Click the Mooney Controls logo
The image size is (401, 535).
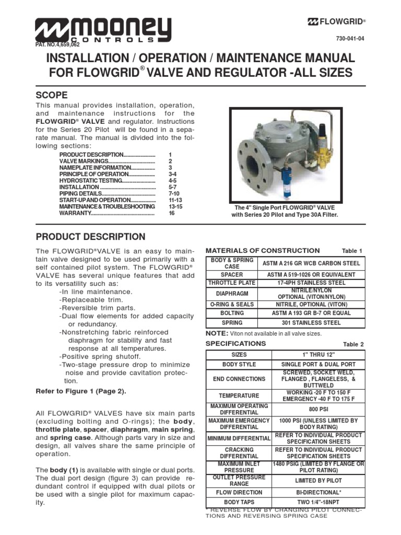pyautogui.click(x=103, y=30)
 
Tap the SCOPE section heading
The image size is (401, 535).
pyautogui.click(x=51, y=95)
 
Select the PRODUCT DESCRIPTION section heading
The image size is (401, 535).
pyautogui.click(x=90, y=237)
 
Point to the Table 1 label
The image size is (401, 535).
pyautogui.click(x=352, y=251)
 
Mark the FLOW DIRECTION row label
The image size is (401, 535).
pyautogui.click(x=239, y=492)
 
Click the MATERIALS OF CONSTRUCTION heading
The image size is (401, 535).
pyautogui.click(x=263, y=251)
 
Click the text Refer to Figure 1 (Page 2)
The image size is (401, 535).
pyautogui.click(x=81, y=391)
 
